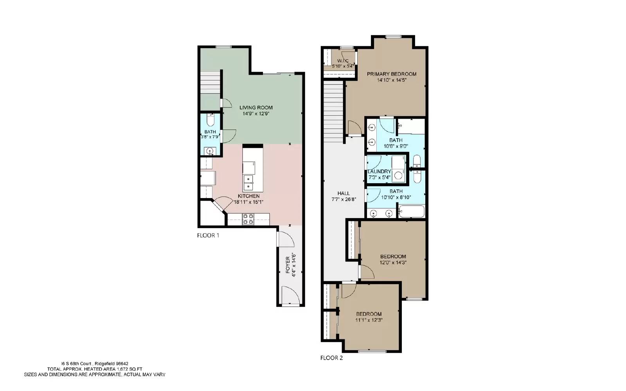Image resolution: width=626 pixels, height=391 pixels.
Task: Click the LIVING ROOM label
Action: click(x=256, y=108)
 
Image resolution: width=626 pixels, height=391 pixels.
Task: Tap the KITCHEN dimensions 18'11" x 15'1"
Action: click(x=248, y=202)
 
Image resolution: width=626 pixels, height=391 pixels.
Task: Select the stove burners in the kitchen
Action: click(x=248, y=219)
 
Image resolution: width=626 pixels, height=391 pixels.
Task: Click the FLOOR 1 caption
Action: click(x=208, y=236)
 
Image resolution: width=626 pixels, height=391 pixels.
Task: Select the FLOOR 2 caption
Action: click(x=331, y=358)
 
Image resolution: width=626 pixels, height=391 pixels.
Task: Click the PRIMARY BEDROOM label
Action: click(x=391, y=74)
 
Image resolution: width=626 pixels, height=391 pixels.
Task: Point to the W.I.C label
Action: click(x=343, y=61)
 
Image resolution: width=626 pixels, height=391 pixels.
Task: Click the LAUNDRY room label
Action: click(x=379, y=171)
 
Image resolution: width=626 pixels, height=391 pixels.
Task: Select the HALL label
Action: click(x=344, y=193)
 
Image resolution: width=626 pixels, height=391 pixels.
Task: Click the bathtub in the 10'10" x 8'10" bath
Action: click(x=411, y=213)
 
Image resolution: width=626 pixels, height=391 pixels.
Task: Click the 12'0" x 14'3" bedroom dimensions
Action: click(x=393, y=263)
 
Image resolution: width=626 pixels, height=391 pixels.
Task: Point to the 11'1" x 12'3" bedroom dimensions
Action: click(x=369, y=320)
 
